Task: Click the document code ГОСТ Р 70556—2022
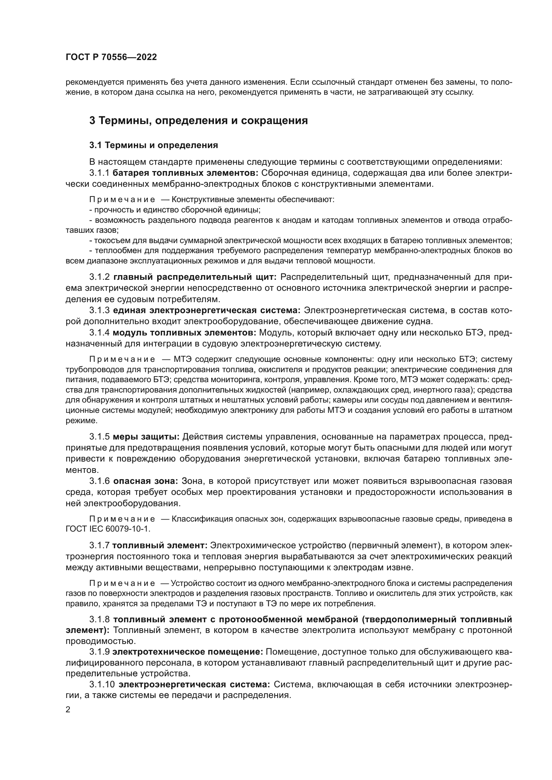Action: tap(111, 57)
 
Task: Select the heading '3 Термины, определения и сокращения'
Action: tap(199, 121)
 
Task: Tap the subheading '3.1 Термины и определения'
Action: tap(154, 145)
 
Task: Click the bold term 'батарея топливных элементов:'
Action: tap(186, 173)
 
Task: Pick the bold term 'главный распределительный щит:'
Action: tap(195, 277)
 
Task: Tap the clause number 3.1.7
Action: tap(99, 546)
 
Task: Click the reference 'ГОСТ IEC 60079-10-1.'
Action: tap(107, 529)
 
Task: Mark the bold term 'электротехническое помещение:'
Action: tap(188, 652)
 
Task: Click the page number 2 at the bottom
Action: tap(68, 710)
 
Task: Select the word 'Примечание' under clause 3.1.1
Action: tap(122, 199)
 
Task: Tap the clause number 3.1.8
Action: tap(99, 619)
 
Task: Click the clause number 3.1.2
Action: tap(99, 277)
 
